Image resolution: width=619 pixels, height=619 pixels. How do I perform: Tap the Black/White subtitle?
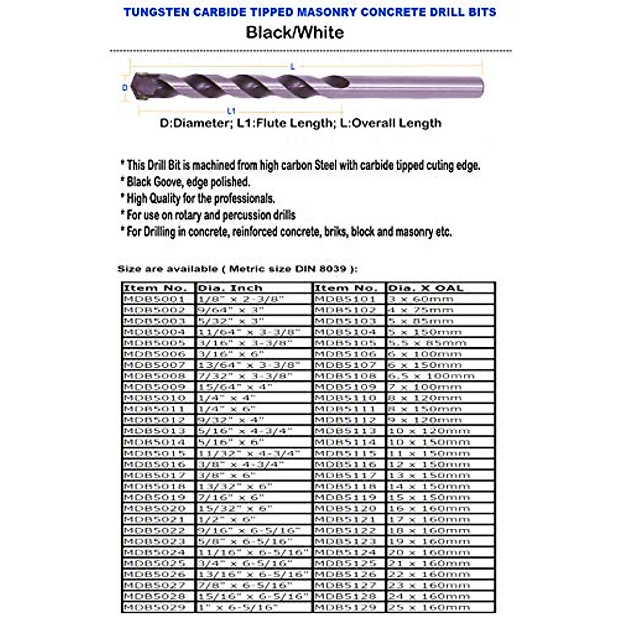295,32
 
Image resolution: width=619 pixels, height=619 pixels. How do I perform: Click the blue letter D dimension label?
124,88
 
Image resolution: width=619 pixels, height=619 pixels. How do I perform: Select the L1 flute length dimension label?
232,110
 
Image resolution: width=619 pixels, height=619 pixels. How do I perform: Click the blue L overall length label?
292,66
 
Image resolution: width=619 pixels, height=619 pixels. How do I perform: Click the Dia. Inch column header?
231,288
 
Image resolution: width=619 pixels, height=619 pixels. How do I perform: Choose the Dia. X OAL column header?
426,288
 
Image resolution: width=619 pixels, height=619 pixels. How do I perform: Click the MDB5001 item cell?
154,299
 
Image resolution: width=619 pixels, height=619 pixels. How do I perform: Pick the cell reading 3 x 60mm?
420,299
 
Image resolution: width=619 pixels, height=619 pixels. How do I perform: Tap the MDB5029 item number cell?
154,607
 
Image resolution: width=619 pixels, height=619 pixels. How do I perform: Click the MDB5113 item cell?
345,431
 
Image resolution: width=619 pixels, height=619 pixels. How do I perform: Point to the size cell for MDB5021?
227,519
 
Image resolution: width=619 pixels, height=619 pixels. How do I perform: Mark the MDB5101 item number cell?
345,299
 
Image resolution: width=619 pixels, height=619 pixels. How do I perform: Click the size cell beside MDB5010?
227,398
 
